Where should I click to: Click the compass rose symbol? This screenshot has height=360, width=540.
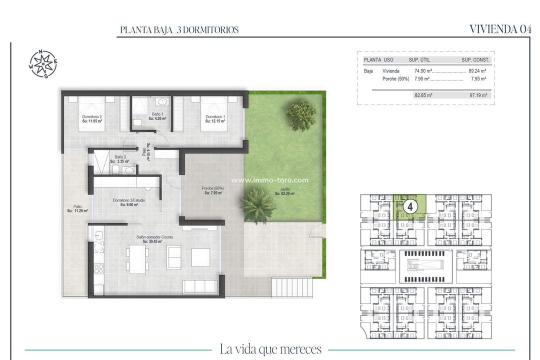43,64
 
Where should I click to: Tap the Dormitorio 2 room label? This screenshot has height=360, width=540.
92,119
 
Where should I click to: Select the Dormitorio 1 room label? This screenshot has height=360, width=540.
215,119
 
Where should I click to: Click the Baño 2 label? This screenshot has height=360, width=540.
119,159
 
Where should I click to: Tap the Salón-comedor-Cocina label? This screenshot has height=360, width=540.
154,239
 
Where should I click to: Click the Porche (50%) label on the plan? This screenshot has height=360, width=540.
212,190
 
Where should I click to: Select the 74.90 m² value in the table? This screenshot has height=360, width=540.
423,71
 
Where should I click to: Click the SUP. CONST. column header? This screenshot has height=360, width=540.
475,60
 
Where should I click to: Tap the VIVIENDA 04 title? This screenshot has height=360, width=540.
500,29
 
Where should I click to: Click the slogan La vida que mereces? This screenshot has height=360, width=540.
270,349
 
